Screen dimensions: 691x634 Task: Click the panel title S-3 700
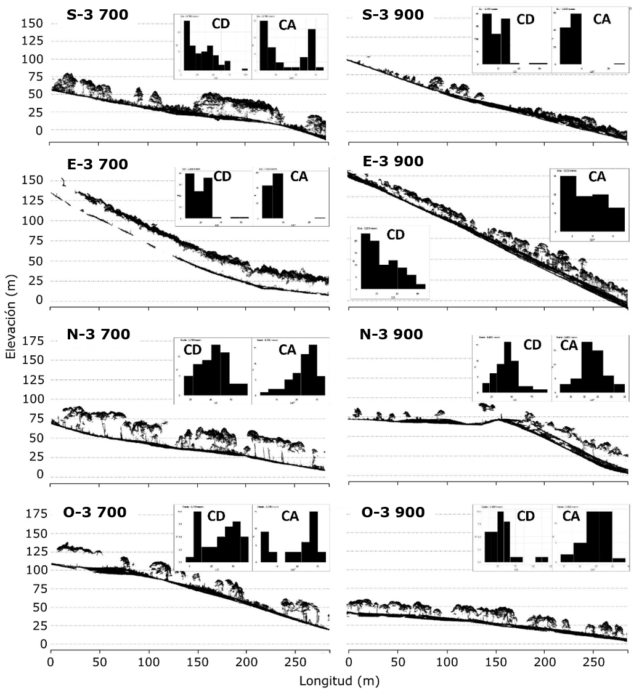pyautogui.click(x=97, y=14)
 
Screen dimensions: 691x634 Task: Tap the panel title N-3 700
pyautogui.click(x=99, y=334)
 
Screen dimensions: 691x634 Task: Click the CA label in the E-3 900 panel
pyautogui.click(x=597, y=177)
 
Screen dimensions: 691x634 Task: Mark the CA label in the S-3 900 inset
pyautogui.click(x=602, y=19)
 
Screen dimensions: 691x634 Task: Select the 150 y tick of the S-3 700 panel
pyautogui.click(x=34, y=23)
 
